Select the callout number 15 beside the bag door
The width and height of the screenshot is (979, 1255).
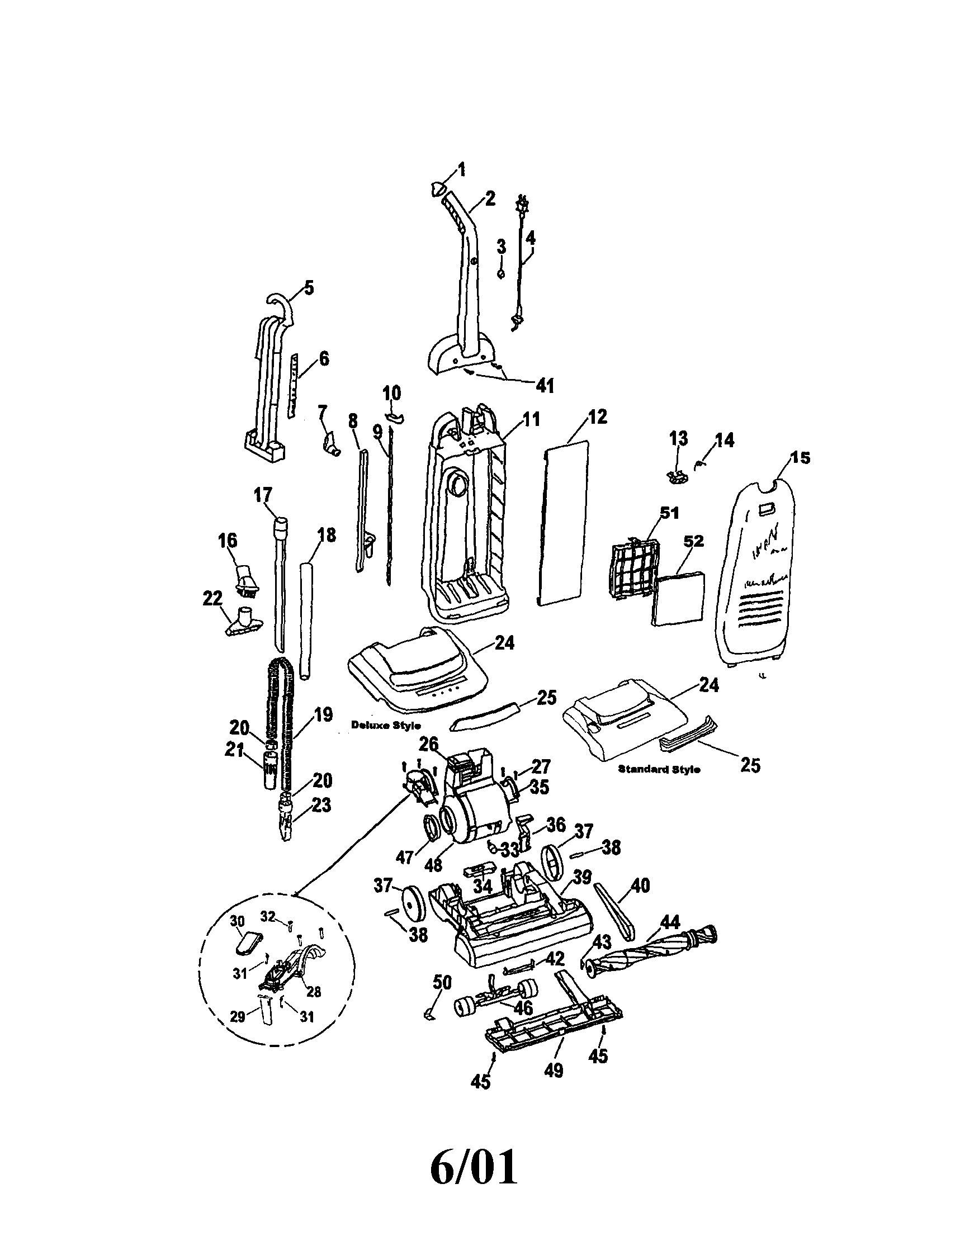click(x=800, y=458)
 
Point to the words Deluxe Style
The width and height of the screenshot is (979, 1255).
click(x=386, y=725)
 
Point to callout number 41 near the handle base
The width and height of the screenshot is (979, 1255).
click(x=545, y=386)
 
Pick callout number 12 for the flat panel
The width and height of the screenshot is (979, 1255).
click(x=598, y=416)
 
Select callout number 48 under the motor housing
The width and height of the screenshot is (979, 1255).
click(x=434, y=865)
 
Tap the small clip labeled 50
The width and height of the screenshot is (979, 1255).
click(x=429, y=1015)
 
